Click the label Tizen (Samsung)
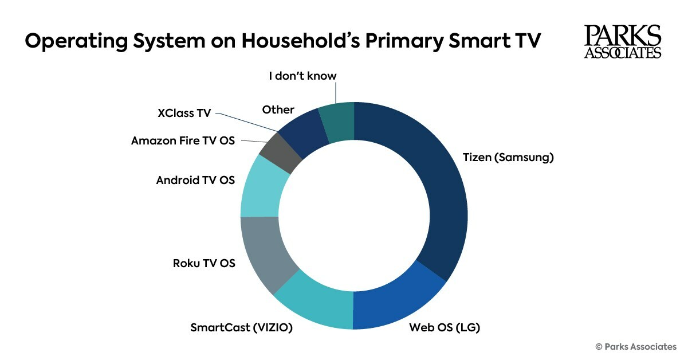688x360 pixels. [x=508, y=157]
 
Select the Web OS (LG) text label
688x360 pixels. [x=444, y=327]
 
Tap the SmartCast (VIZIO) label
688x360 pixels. [x=242, y=328]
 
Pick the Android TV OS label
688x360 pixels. [x=195, y=180]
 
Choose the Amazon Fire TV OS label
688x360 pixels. [x=183, y=140]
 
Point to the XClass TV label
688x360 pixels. [x=184, y=113]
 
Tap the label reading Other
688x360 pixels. [x=278, y=109]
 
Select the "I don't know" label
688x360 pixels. [x=303, y=76]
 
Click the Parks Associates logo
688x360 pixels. [x=622, y=42]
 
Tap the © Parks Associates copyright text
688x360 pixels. [x=636, y=346]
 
